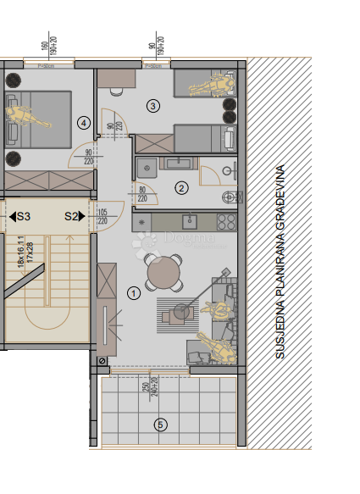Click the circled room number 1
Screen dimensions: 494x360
click(133, 293)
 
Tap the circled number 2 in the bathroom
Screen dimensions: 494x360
click(180, 188)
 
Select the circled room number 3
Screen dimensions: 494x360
click(152, 106)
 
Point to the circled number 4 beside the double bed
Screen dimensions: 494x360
click(83, 122)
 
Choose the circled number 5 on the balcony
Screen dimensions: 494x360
click(162, 425)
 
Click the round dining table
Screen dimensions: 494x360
click(163, 273)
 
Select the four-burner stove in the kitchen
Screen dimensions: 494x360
click(226, 223)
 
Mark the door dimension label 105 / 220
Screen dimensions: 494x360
click(102, 216)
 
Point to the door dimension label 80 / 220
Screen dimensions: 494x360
click(141, 194)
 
